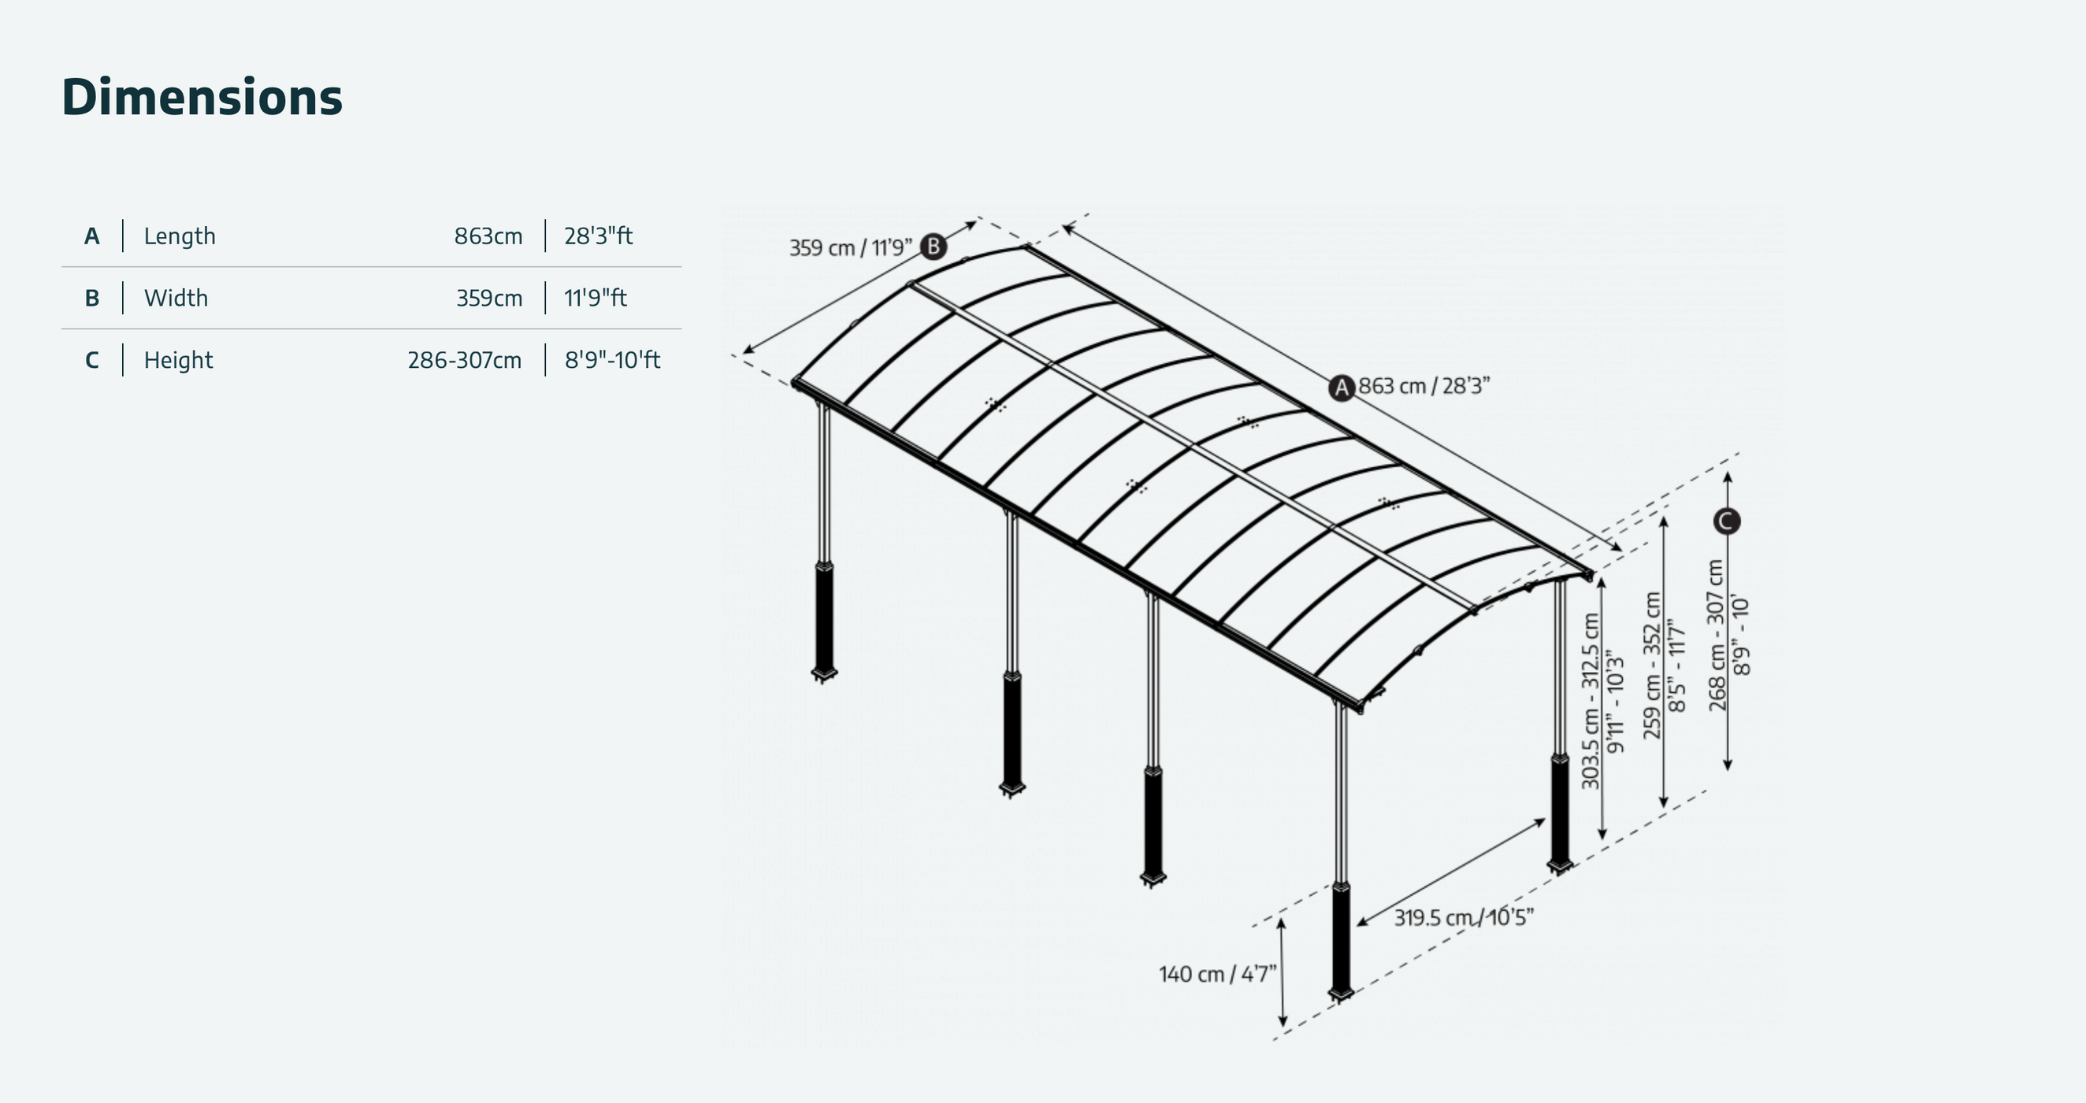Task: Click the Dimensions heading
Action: click(202, 97)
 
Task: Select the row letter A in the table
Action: click(91, 236)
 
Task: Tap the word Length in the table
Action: click(180, 236)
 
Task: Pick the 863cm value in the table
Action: click(488, 236)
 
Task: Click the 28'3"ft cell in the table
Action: click(599, 236)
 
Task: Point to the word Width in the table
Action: click(176, 298)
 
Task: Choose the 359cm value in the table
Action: click(489, 298)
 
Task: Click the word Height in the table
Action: click(178, 360)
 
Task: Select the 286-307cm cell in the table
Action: click(465, 360)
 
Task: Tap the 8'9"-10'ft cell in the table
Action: click(612, 360)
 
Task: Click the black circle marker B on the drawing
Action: click(934, 246)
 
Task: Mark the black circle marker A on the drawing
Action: click(1342, 388)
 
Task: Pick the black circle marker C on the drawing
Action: click(1727, 521)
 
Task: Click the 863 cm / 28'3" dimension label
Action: click(1423, 386)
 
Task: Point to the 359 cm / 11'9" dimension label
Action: click(850, 248)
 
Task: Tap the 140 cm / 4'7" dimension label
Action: click(1217, 975)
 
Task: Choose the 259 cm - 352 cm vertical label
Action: click(1653, 666)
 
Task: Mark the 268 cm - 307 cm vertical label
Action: click(1717, 636)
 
